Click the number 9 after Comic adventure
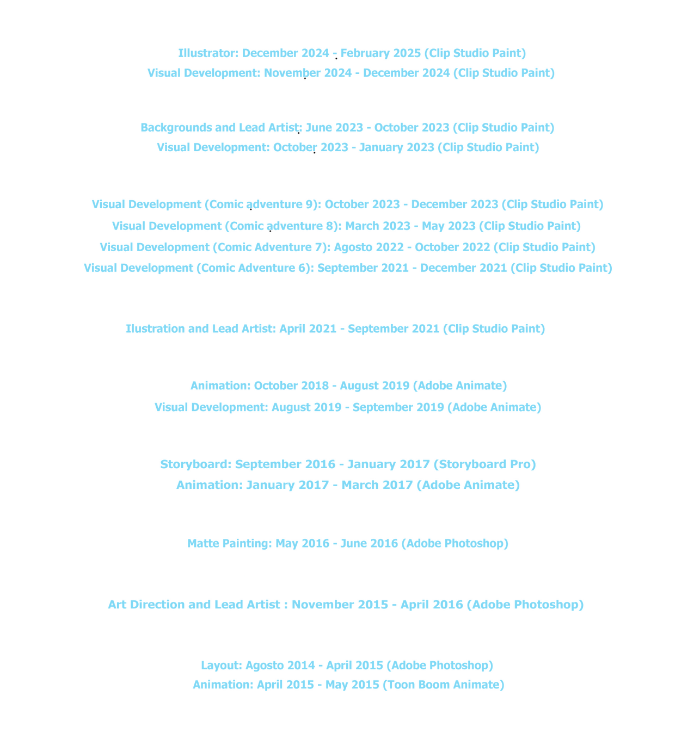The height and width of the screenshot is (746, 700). click(x=309, y=204)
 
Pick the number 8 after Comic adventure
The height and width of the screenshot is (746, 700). click(x=329, y=226)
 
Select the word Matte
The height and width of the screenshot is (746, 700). click(x=203, y=544)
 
